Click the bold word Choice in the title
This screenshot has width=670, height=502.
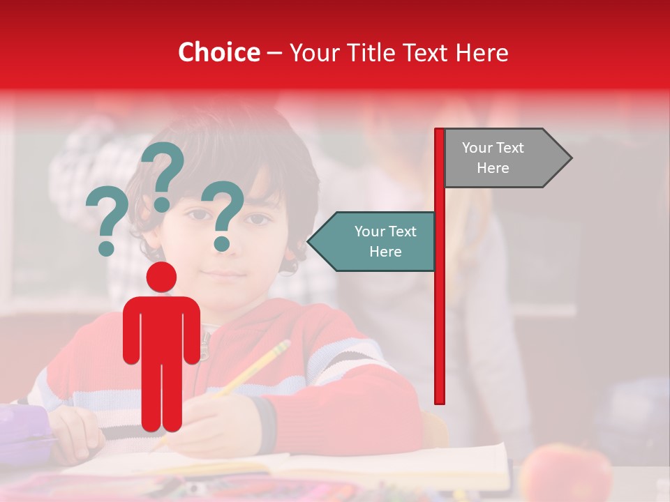pos(218,52)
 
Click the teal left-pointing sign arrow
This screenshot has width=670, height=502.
pos(373,241)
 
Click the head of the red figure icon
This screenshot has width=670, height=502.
pos(161,277)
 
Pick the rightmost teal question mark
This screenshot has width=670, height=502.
pos(225,215)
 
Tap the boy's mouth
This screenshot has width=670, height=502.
pos(225,274)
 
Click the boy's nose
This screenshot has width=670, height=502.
pos(225,245)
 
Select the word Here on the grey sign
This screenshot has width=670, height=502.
pos(493,168)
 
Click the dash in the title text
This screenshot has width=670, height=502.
pos(274,53)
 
